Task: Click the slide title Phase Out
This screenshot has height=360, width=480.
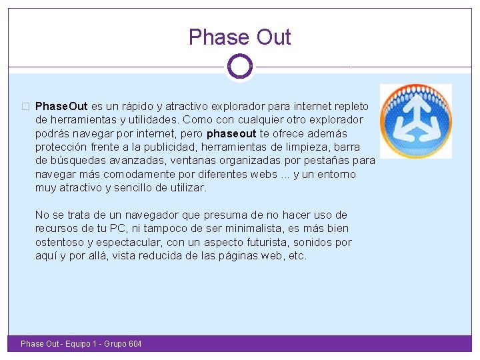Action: [240, 37]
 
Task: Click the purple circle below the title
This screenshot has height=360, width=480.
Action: [239, 66]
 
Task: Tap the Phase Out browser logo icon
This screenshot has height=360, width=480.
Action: [415, 121]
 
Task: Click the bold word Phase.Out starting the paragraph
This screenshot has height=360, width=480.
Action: [61, 107]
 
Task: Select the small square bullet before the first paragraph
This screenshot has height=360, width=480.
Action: [25, 107]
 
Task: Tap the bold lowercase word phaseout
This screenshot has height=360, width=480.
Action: [231, 133]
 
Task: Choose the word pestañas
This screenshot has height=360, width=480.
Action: [327, 161]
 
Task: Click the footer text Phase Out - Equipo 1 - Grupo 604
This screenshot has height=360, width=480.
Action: [81, 344]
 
